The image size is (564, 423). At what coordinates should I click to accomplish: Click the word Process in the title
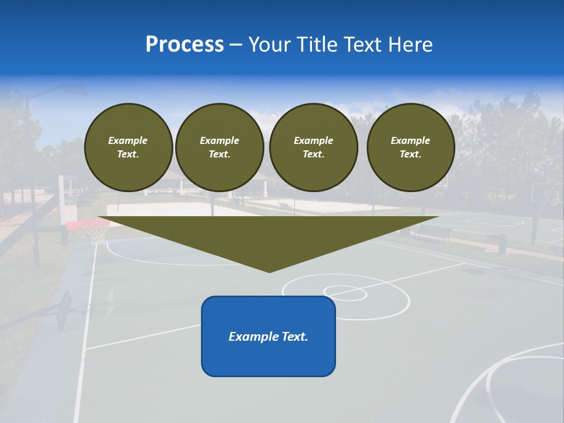184,45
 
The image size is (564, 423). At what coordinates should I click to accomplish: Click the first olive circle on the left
129,147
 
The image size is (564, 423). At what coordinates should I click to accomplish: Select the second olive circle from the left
220,147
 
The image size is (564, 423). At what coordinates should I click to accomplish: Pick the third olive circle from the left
313,147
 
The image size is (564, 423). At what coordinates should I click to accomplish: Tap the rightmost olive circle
411,147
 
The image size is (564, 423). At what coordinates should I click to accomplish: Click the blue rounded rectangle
268,336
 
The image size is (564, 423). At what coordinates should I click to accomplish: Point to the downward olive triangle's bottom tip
269,271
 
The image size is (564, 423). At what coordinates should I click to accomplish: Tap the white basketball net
96,235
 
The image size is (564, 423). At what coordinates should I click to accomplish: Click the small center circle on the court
345,293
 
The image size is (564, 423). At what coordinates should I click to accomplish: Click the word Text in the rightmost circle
410,155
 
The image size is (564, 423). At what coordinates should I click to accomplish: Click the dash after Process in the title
236,45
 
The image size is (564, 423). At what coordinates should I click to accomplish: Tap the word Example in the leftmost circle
128,140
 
